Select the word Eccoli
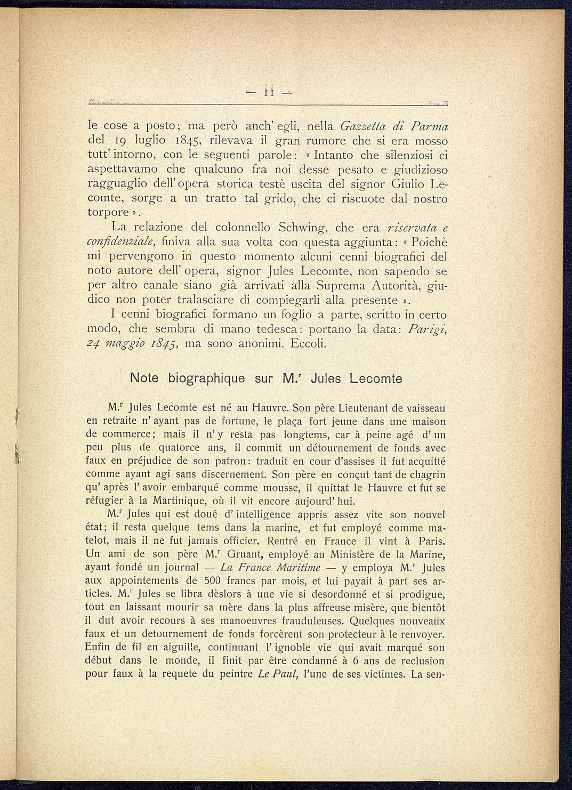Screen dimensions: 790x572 point(308,343)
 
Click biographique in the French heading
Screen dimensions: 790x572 point(206,378)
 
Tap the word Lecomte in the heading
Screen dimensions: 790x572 point(376,378)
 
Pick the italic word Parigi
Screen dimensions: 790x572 point(426,329)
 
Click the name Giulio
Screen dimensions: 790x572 point(408,184)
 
